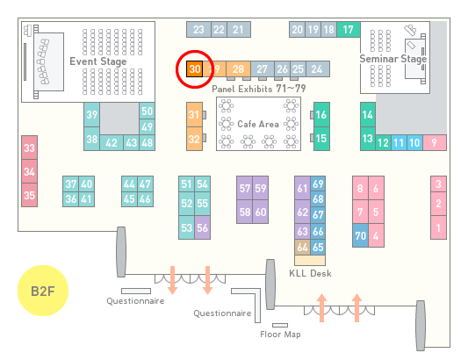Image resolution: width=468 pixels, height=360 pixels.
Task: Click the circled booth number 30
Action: coord(195,69)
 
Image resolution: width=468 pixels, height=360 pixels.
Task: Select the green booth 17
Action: coord(349,30)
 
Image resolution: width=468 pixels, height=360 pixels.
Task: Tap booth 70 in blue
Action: coord(360,235)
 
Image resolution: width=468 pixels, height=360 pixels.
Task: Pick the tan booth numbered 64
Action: coord(302,247)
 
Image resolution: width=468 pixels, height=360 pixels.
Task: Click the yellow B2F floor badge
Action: coord(43,291)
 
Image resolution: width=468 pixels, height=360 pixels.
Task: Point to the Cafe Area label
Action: coord(258,124)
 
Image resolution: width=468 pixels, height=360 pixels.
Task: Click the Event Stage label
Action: coord(97,61)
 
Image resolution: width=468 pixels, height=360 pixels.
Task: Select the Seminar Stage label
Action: coord(393,59)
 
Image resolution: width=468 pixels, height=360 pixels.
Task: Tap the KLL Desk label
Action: coord(310,273)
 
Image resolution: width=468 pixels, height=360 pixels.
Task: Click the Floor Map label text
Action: coord(280,334)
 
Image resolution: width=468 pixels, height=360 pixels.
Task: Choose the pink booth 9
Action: coord(435,143)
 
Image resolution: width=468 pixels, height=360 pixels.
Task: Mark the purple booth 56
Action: coord(202,227)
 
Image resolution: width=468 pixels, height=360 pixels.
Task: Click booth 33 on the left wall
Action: coord(29,148)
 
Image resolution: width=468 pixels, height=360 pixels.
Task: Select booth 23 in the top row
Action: coord(198,30)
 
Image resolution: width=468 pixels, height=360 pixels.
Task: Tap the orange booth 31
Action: coord(194,115)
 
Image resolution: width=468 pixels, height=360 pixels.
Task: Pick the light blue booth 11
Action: coord(399,143)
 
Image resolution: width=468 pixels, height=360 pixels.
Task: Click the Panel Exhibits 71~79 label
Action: coord(259,89)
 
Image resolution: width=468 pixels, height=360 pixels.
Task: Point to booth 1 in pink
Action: coord(438,227)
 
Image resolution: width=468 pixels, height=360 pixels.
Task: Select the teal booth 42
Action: coord(112,143)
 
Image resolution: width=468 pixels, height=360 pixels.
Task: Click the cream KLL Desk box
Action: coord(310,260)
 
